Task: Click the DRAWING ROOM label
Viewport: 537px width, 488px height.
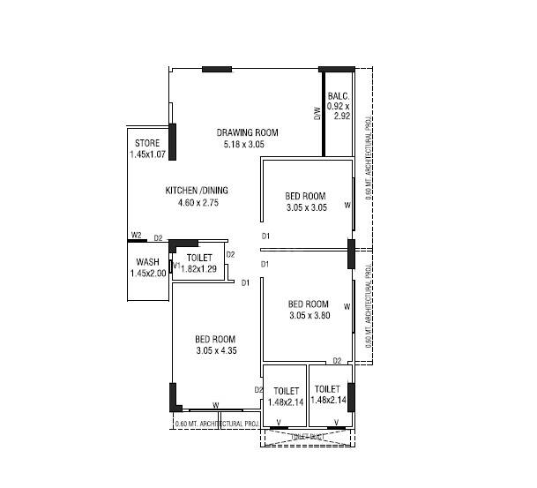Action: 244,132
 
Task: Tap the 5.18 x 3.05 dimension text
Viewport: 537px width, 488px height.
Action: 244,144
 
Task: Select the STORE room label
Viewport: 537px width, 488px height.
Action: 146,143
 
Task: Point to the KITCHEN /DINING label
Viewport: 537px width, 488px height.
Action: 198,191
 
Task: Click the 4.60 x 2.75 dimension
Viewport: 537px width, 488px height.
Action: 198,203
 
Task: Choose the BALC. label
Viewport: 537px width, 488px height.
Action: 339,96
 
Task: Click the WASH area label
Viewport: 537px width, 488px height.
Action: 147,262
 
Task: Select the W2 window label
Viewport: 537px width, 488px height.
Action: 137,236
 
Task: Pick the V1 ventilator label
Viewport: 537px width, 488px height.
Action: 176,266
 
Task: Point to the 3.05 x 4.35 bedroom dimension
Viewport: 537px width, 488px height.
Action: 215,350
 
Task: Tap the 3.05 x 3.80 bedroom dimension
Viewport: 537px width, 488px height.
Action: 309,315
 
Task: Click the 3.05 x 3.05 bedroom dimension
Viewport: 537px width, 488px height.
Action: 306,207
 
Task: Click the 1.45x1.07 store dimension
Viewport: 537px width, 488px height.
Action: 146,154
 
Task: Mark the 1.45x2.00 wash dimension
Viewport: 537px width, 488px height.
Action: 147,274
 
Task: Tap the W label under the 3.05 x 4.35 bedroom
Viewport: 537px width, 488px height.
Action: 215,406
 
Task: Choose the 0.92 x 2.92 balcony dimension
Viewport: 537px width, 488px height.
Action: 339,111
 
